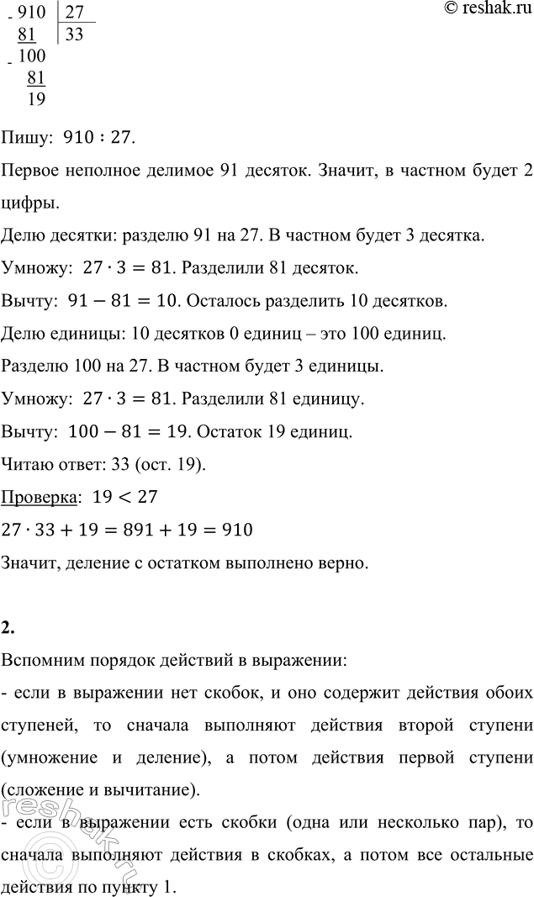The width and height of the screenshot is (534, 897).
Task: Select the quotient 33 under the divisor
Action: point(75,36)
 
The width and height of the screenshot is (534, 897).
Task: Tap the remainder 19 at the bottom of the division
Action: point(36,99)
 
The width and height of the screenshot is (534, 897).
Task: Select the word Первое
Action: point(33,171)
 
